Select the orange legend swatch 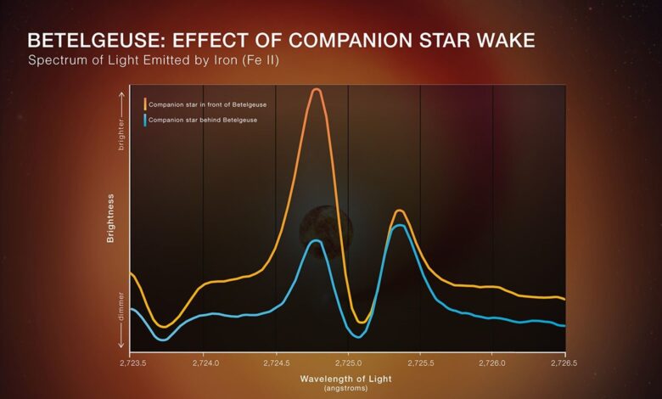pyautogui.click(x=145, y=104)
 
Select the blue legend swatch pyautogui.click(x=145, y=120)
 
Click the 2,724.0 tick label pyautogui.click(x=204, y=362)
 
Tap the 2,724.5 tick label pyautogui.click(x=276, y=362)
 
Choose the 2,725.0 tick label pyautogui.click(x=348, y=362)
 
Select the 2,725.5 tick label pyautogui.click(x=420, y=362)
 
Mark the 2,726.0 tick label pyautogui.click(x=492, y=362)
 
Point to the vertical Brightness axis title pyautogui.click(x=110, y=217)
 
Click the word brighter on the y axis pyautogui.click(x=121, y=134)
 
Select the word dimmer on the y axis pyautogui.click(x=121, y=307)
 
